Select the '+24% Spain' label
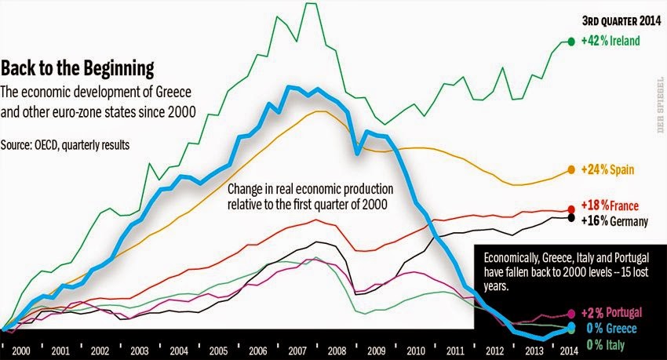pyautogui.click(x=607, y=169)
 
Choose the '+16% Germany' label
pyautogui.click(x=614, y=221)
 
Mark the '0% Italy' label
pyautogui.click(x=604, y=343)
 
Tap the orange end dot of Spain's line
pyautogui.click(x=570, y=169)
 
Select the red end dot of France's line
pyautogui.click(x=571, y=209)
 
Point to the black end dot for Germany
pyautogui.click(x=571, y=217)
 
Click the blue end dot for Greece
pyautogui.click(x=570, y=328)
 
